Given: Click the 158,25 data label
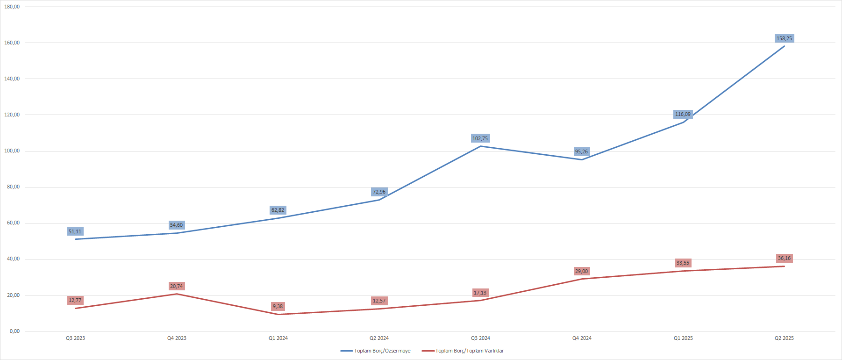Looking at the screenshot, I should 784,38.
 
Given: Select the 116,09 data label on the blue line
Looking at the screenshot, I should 683,114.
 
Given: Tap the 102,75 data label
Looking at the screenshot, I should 480,138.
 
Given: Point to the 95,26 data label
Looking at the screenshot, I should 581,151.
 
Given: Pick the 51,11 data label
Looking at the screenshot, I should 75,231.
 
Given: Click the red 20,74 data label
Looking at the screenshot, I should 176,286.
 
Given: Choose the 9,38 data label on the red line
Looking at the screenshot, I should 278,306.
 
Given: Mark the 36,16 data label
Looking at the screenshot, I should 784,258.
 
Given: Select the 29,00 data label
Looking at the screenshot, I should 581,271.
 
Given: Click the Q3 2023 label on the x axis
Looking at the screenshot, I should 75,338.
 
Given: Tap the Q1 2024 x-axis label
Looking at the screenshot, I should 278,338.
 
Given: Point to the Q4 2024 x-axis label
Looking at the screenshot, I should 582,338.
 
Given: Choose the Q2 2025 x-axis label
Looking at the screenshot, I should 784,338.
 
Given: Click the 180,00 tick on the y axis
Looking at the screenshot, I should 12,7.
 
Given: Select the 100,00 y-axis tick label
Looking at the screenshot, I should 12,151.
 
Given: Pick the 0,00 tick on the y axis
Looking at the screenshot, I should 14,331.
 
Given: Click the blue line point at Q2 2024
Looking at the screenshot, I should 379,200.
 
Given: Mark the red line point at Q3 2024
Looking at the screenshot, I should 480,300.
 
